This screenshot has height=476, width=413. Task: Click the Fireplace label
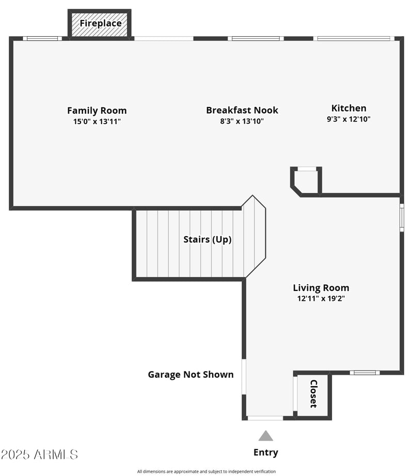click(x=100, y=23)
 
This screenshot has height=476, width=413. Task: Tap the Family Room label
click(x=97, y=110)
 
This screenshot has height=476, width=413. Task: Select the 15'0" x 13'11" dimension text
click(x=97, y=121)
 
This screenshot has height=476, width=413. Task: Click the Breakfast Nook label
click(x=242, y=110)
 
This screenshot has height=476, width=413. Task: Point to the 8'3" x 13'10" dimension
click(x=242, y=121)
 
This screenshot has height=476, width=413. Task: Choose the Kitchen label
click(x=348, y=108)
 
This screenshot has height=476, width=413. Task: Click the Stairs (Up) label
click(x=207, y=239)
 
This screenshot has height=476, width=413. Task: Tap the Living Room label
click(x=321, y=288)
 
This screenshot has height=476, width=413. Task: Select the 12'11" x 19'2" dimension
click(x=321, y=298)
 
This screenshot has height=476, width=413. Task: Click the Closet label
click(x=313, y=394)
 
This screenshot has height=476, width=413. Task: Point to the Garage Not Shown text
click(x=190, y=375)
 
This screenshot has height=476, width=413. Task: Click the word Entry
click(x=265, y=453)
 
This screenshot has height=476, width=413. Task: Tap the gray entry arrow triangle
click(x=265, y=436)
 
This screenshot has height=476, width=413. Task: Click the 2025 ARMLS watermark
click(x=39, y=455)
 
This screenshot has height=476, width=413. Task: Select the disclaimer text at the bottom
click(x=206, y=471)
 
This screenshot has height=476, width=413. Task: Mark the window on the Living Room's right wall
click(x=402, y=217)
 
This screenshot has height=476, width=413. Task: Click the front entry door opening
click(x=265, y=418)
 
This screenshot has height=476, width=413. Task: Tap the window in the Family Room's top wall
click(x=42, y=38)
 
